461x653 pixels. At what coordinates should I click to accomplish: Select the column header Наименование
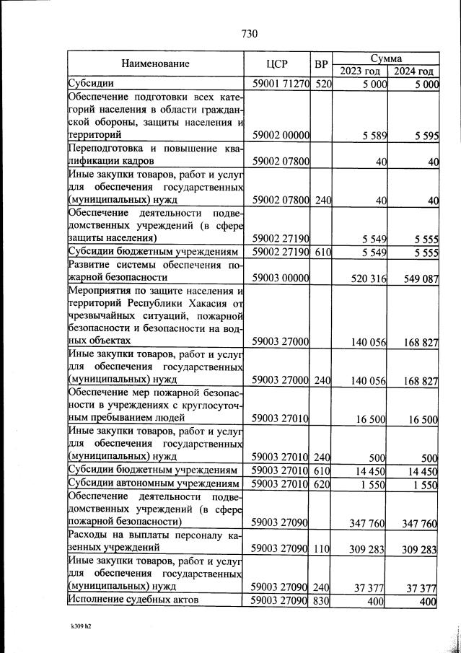click(x=155, y=63)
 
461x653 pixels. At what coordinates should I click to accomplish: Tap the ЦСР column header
click(x=278, y=63)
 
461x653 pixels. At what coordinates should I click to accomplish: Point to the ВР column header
click(x=322, y=63)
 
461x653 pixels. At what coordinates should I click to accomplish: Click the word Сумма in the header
click(x=386, y=57)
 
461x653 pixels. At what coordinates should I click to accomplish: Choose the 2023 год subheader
click(x=359, y=71)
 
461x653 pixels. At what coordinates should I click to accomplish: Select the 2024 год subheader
click(x=413, y=71)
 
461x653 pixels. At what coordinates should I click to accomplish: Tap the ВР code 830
click(x=322, y=600)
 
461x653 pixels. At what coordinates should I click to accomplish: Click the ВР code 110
click(x=322, y=549)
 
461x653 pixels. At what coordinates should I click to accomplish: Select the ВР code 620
click(x=322, y=484)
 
